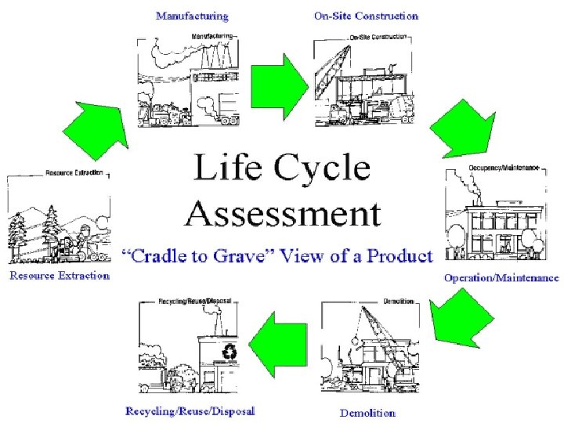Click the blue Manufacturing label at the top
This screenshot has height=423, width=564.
pos(192,15)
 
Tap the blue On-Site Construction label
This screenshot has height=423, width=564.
pos(366,15)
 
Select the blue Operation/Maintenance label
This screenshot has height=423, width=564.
pos(501,277)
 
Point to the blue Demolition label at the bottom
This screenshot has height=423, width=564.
pos(367,412)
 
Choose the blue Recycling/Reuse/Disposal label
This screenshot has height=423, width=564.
pos(190,410)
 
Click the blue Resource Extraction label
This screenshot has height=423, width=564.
pos(60,276)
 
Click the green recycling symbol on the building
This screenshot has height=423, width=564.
pos(230,352)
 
